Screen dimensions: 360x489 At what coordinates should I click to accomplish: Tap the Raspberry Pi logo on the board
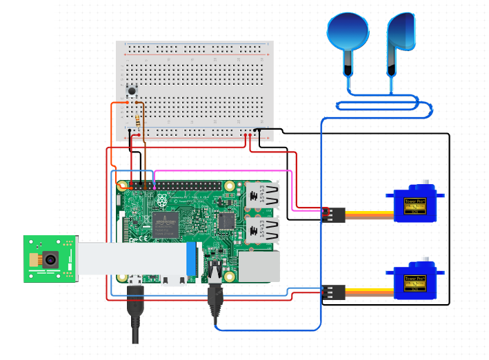click(161, 201)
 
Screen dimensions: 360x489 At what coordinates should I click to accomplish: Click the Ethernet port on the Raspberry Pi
click(261, 266)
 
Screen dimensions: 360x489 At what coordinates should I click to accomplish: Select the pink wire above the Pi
click(221, 170)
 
